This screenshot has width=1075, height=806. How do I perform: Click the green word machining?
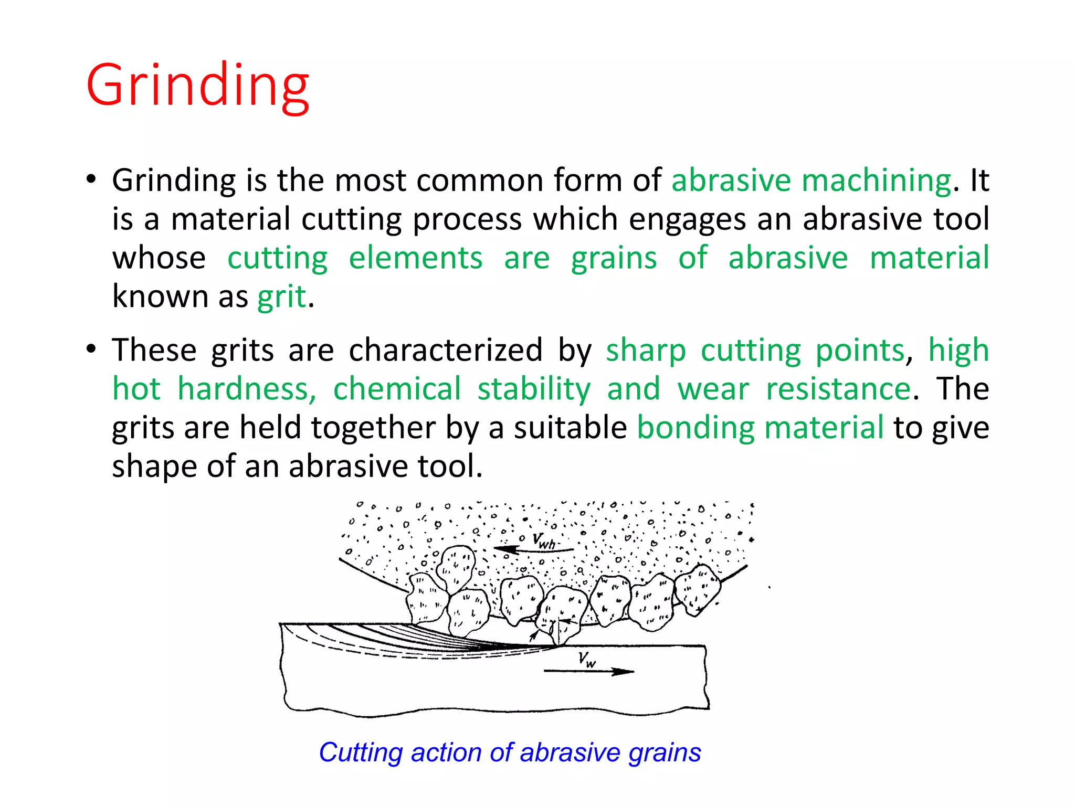pyautogui.click(x=876, y=181)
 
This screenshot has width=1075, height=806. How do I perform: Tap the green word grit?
pyautogui.click(x=281, y=297)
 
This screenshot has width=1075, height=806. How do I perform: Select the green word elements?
pyautogui.click(x=415, y=258)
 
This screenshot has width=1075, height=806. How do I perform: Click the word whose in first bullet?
pyautogui.click(x=159, y=258)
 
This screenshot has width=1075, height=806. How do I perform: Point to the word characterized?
pyautogui.click(x=445, y=350)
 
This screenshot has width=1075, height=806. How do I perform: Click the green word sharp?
pyautogui.click(x=646, y=350)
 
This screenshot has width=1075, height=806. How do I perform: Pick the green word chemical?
pyautogui.click(x=397, y=389)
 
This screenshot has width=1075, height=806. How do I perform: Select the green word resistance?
pyautogui.click(x=838, y=389)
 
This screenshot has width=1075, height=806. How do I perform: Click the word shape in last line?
pyautogui.click(x=154, y=466)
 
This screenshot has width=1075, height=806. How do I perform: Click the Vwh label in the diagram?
pyautogui.click(x=544, y=540)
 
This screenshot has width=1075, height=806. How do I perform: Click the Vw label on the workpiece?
pyautogui.click(x=587, y=659)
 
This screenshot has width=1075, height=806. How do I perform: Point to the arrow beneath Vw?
pyautogui.click(x=589, y=671)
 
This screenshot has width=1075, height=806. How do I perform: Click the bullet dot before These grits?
pyautogui.click(x=91, y=349)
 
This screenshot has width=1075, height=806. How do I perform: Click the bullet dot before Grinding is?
pyautogui.click(x=91, y=179)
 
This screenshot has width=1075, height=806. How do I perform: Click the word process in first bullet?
pyautogui.click(x=467, y=219)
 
